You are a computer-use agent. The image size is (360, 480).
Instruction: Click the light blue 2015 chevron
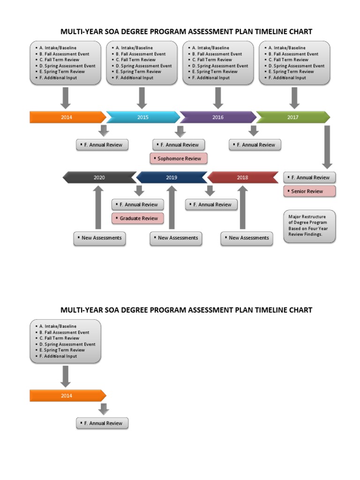click(143, 117)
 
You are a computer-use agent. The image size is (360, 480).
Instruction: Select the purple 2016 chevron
click(218, 117)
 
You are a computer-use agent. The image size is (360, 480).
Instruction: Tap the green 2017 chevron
click(293, 117)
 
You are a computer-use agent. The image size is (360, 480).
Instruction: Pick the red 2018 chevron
click(243, 178)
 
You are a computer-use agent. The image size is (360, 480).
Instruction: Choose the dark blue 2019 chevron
click(172, 178)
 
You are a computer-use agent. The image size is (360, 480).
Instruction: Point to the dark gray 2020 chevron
click(99, 178)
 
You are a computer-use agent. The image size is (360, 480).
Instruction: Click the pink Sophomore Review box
click(179, 159)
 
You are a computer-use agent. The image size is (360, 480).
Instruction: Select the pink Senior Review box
click(309, 191)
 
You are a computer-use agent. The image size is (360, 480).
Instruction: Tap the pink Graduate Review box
click(138, 218)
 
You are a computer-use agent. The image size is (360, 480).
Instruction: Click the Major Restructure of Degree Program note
click(309, 226)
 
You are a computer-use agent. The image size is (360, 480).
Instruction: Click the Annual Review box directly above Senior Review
click(309, 178)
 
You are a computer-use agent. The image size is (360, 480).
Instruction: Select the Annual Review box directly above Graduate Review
click(138, 204)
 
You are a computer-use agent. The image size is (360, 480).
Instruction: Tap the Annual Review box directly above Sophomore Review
click(179, 145)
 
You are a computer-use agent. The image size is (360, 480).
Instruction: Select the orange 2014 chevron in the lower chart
click(67, 396)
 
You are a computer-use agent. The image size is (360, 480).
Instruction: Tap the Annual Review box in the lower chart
click(102, 423)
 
